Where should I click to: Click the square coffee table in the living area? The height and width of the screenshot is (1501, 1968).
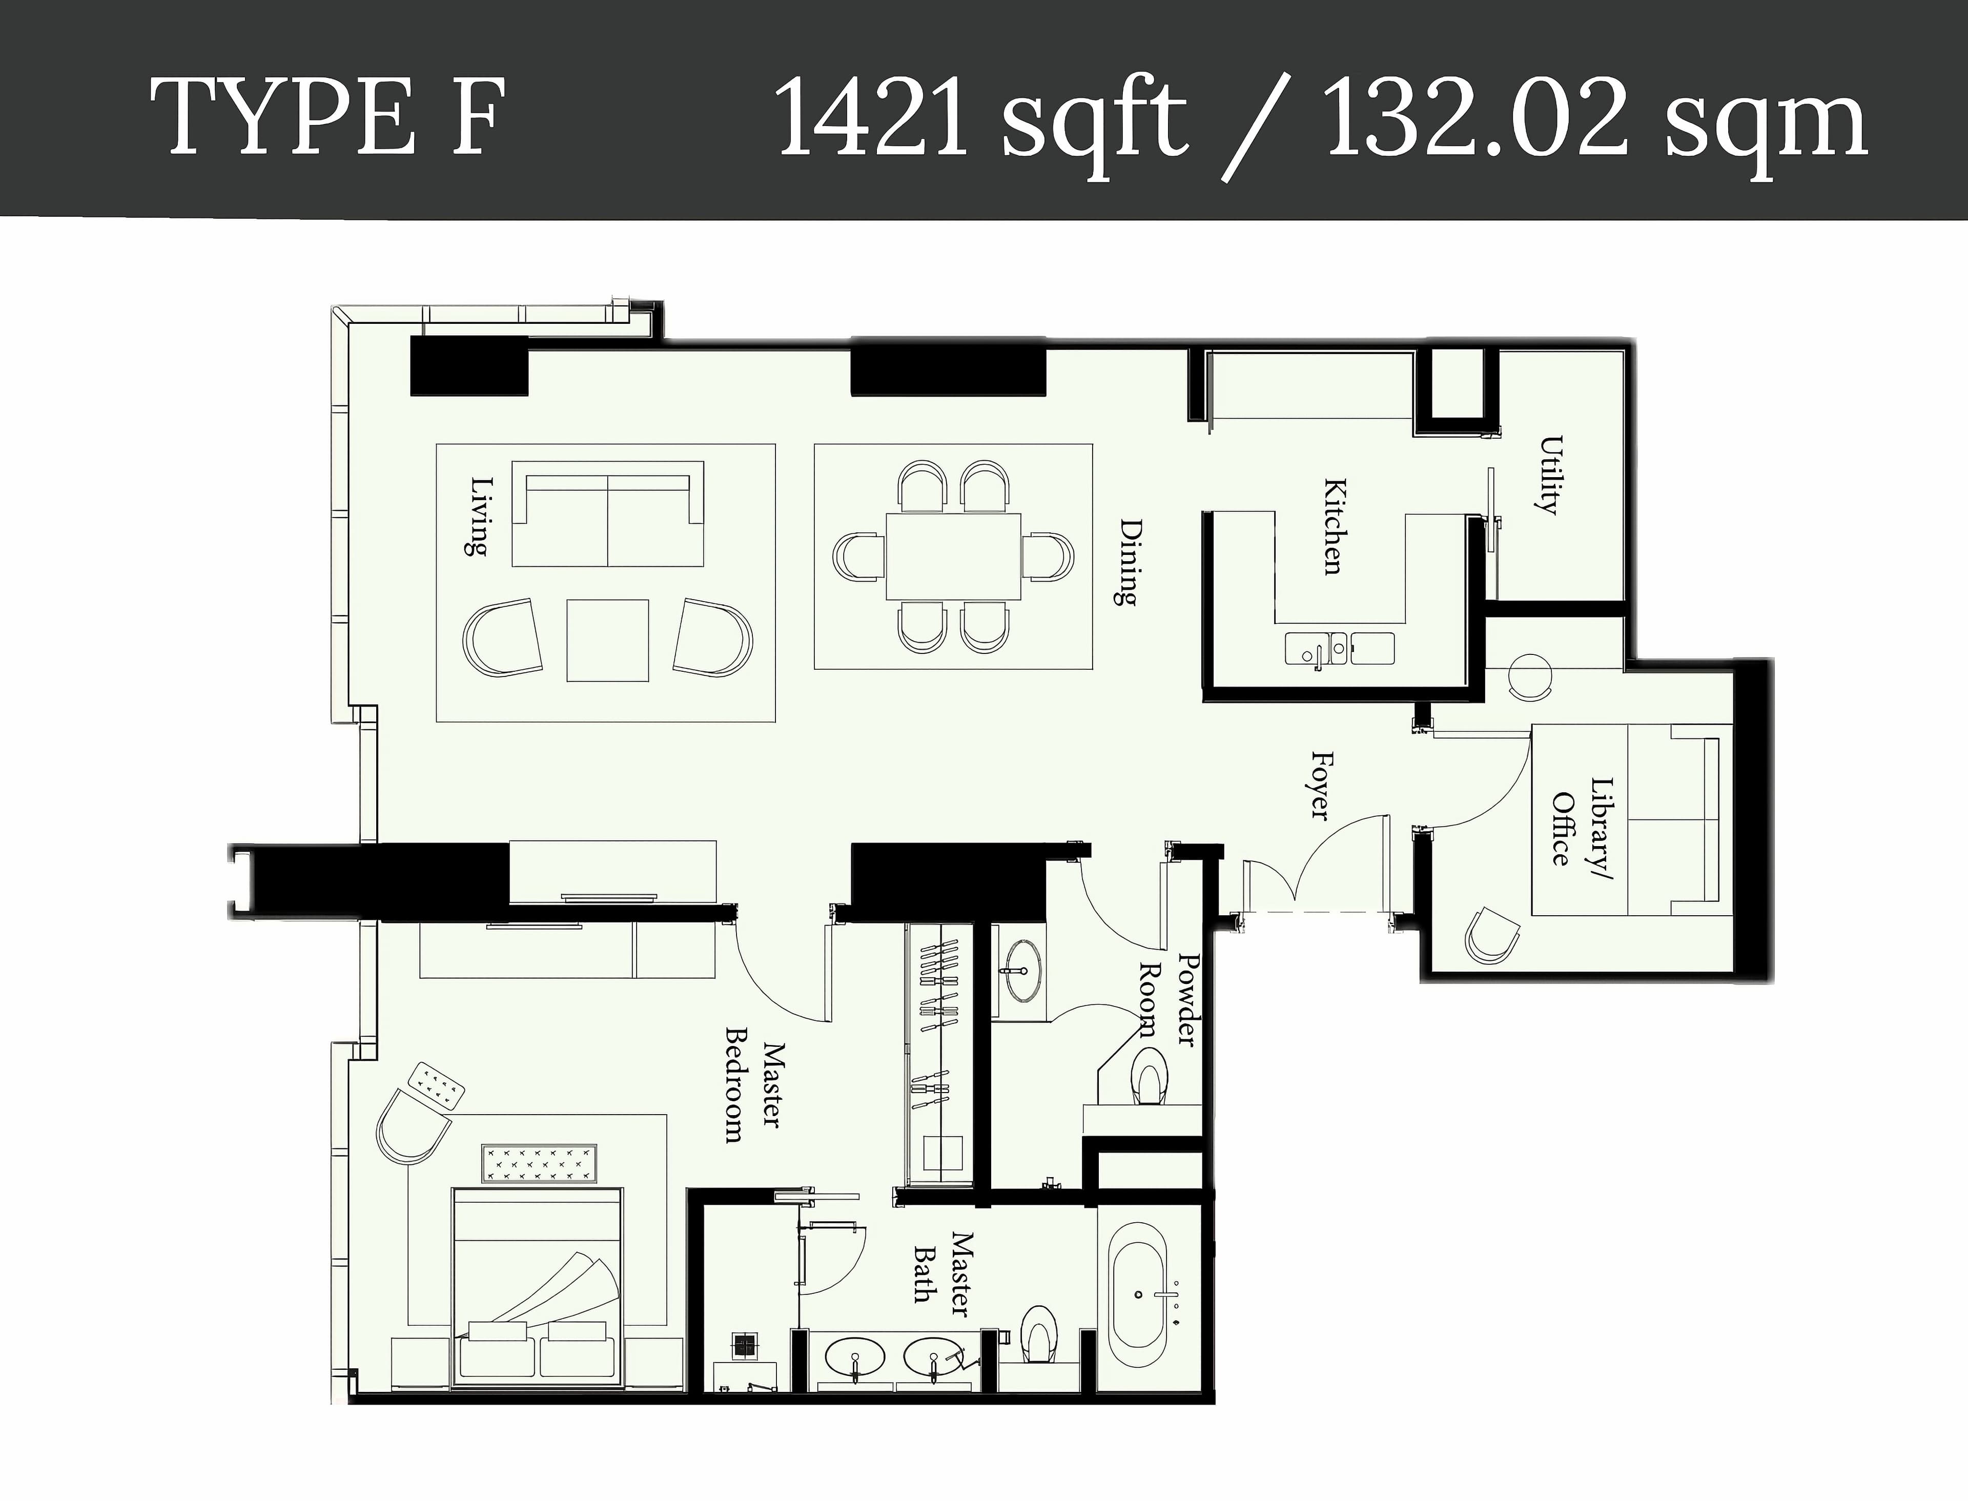click(607, 640)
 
